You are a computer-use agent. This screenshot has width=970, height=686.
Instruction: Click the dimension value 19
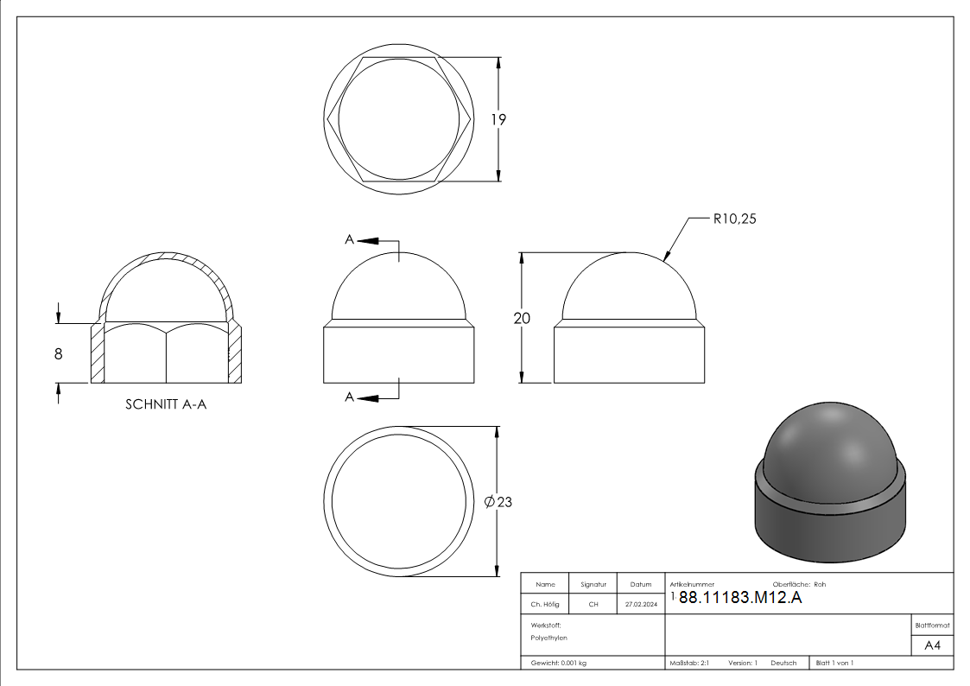(498, 120)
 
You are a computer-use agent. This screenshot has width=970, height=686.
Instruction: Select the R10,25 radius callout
(735, 219)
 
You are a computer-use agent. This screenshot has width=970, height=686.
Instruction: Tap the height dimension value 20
(522, 318)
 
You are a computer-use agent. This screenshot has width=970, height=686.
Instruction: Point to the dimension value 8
(58, 353)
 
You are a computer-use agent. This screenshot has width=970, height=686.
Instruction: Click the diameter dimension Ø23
(499, 502)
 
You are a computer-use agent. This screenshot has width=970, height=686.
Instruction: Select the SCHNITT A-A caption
(166, 404)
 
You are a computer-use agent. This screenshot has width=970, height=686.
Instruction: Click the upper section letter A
(350, 240)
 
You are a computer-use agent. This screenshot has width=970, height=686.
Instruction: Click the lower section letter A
(350, 397)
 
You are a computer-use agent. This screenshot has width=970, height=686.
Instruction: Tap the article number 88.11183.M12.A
(740, 599)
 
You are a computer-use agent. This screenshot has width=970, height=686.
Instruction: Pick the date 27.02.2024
(640, 605)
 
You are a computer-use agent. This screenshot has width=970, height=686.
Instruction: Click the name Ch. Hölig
(545, 605)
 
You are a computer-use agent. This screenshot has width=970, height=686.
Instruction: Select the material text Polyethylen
(549, 638)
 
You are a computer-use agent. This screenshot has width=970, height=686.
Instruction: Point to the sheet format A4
(933, 645)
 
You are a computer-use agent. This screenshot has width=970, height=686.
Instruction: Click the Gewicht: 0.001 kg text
(558, 663)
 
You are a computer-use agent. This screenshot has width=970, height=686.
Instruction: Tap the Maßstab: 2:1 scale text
(689, 663)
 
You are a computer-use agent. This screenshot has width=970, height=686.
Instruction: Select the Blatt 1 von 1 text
(834, 663)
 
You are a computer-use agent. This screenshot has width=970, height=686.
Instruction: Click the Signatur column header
(593, 585)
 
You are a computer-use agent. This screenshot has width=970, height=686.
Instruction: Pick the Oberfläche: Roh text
(799, 585)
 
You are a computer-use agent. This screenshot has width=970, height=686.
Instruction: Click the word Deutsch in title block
(783, 663)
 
